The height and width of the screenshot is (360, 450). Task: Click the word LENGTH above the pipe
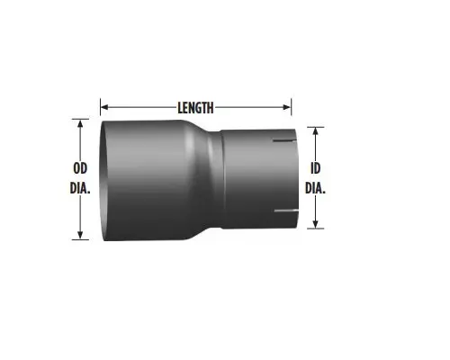(x=195, y=107)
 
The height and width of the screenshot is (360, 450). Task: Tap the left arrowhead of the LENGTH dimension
(x=103, y=107)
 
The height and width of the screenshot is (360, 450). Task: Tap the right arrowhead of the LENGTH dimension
(x=287, y=107)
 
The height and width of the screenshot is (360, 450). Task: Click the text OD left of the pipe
(x=80, y=167)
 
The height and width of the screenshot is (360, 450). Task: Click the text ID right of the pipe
(x=315, y=168)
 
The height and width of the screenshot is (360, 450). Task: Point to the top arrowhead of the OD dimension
(x=81, y=124)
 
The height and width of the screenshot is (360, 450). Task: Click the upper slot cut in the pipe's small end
(x=286, y=142)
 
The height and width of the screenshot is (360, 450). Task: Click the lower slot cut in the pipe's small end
(x=286, y=214)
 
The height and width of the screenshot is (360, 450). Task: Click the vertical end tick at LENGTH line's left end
(x=99, y=107)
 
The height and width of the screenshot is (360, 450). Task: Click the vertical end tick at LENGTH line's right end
(x=292, y=107)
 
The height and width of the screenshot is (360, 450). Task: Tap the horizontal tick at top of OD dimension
(x=81, y=119)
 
